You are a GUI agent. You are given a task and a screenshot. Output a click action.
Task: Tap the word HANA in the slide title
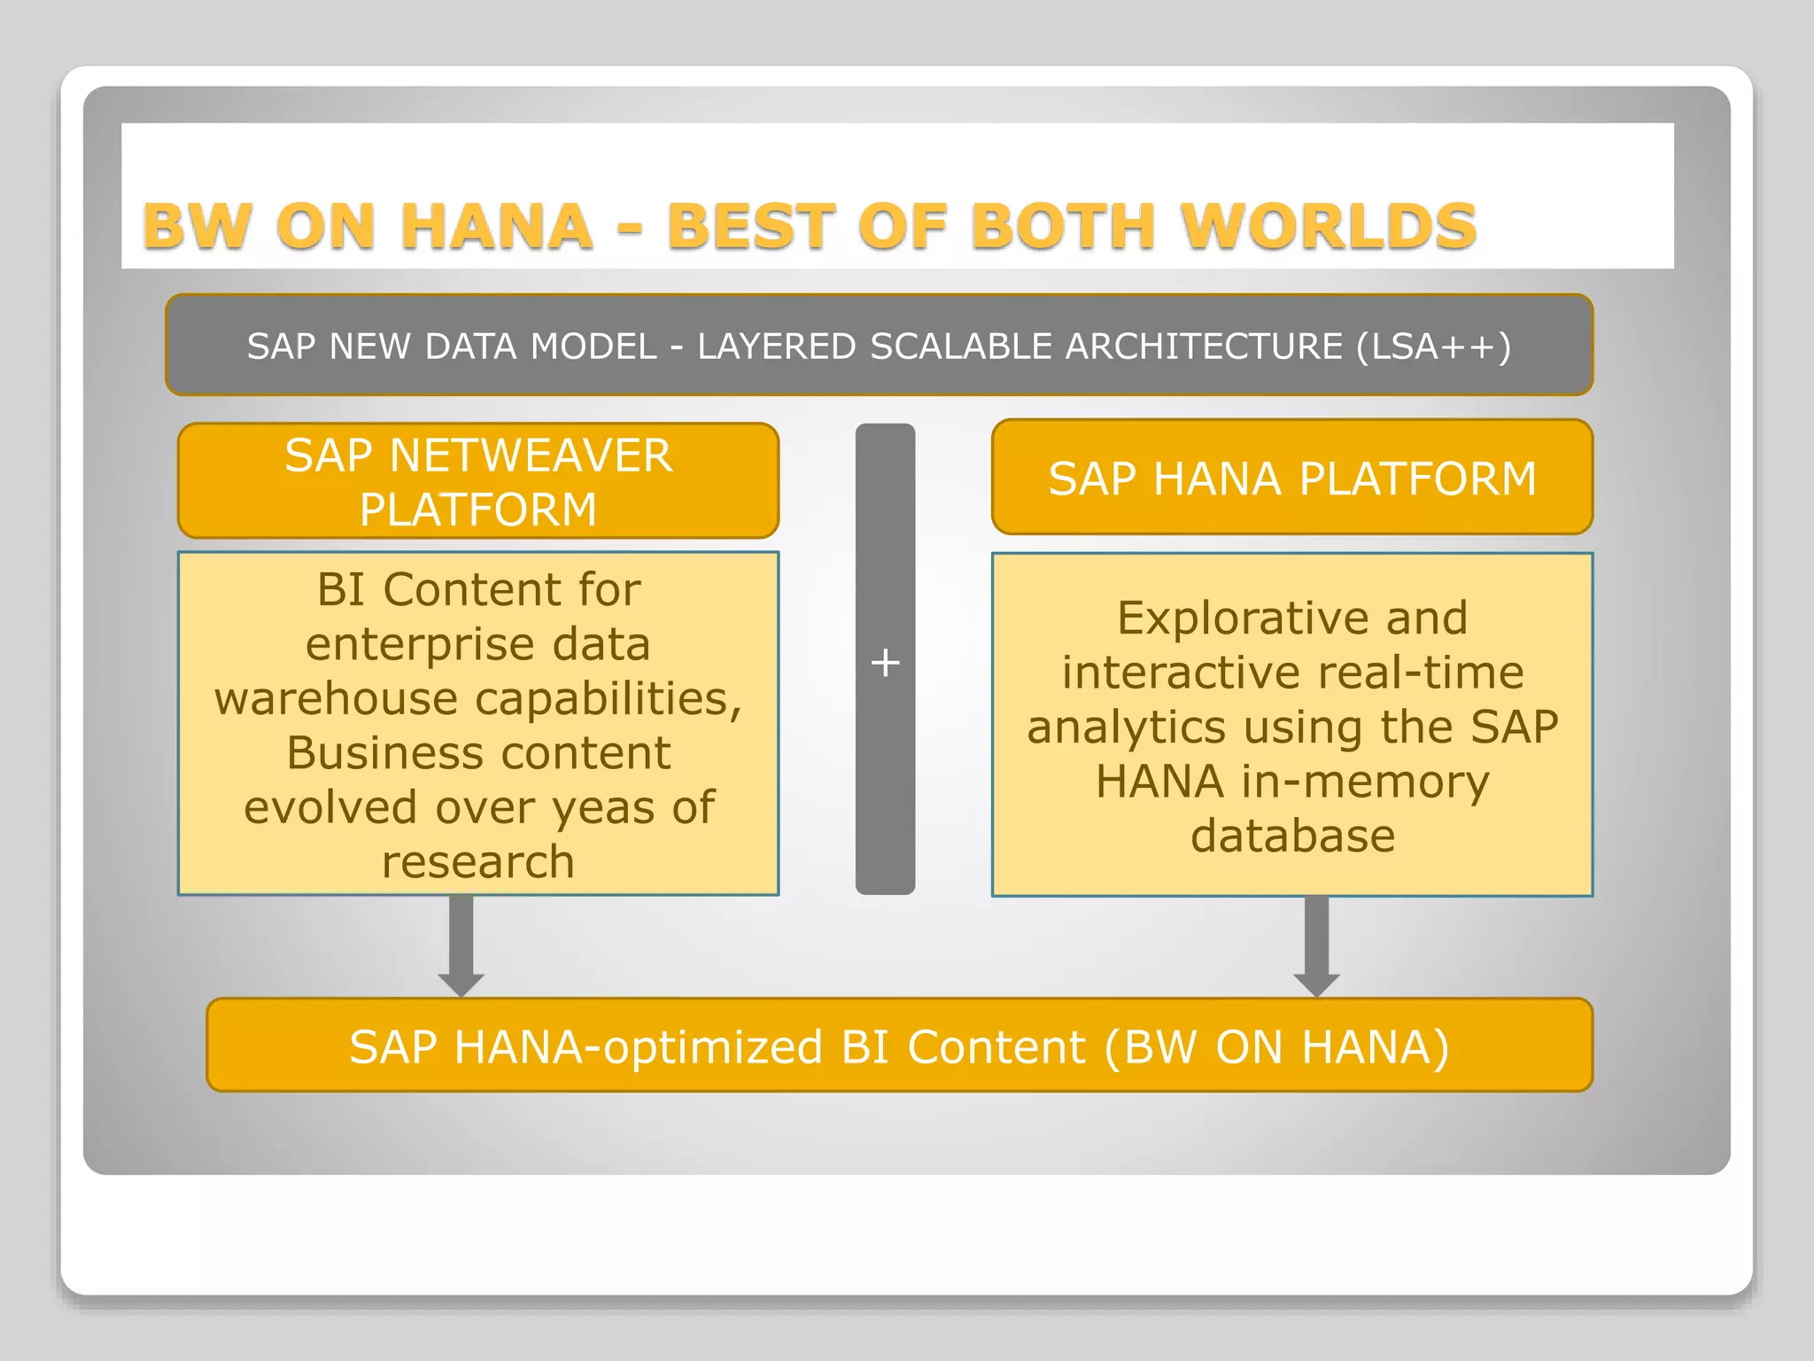coord(496,226)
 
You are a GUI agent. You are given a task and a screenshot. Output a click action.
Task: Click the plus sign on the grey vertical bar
coord(885,662)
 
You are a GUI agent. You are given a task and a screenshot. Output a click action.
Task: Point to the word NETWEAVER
coord(531,455)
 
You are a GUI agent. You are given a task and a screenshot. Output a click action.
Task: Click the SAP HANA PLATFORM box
coord(1291,478)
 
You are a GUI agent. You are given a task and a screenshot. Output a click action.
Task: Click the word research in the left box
coord(478,862)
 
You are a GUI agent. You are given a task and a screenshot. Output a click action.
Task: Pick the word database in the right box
coord(1292,836)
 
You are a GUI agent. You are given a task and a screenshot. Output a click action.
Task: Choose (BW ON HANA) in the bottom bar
coord(1276,1046)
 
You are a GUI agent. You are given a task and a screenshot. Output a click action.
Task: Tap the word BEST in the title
coord(751,226)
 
